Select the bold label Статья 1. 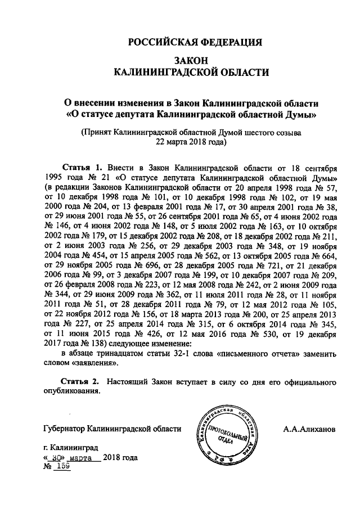[82, 168]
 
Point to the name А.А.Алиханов [310, 429]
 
